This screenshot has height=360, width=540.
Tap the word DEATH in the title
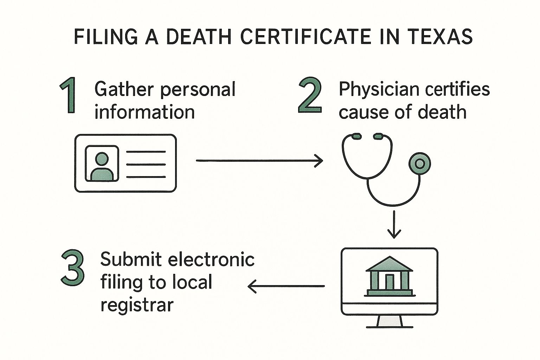pyautogui.click(x=198, y=37)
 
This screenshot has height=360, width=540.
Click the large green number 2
pyautogui.click(x=310, y=96)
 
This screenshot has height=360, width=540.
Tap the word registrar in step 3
pyautogui.click(x=137, y=304)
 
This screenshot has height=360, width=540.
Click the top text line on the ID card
pyautogui.click(x=146, y=152)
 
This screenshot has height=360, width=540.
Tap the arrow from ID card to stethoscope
pyautogui.click(x=259, y=161)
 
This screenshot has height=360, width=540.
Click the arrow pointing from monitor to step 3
pyautogui.click(x=286, y=286)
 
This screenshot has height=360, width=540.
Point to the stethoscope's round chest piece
pyautogui.click(x=419, y=163)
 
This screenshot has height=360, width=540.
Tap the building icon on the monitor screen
pyautogui.click(x=390, y=276)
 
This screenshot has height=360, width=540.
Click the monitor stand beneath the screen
pyautogui.click(x=390, y=321)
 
